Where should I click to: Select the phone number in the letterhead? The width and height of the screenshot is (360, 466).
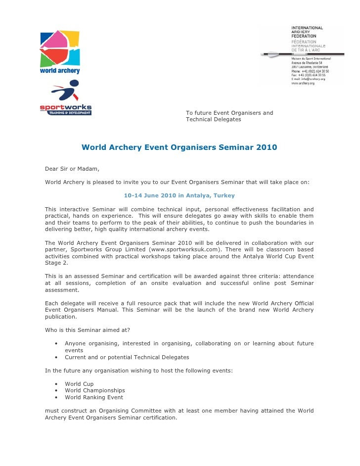coord(310,71)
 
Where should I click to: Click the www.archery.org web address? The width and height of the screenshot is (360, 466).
coord(302,83)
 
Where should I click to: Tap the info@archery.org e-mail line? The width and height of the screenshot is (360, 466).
coord(308,79)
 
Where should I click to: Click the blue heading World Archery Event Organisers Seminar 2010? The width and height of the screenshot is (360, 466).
coord(179,147)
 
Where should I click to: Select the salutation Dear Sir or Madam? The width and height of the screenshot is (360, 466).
coord(72,169)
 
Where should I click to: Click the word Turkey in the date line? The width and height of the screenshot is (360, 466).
coord(225,195)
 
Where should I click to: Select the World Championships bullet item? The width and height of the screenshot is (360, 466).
coord(95,390)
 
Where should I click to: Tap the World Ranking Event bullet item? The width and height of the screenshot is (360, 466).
coord(94,397)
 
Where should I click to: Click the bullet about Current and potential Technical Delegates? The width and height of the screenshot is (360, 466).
coord(127,357)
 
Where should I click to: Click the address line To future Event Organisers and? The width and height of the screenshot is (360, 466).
coord(229,113)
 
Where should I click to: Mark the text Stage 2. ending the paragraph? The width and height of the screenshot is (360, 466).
coord(56,264)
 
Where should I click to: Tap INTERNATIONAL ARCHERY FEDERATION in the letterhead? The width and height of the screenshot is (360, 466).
coord(307,31)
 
